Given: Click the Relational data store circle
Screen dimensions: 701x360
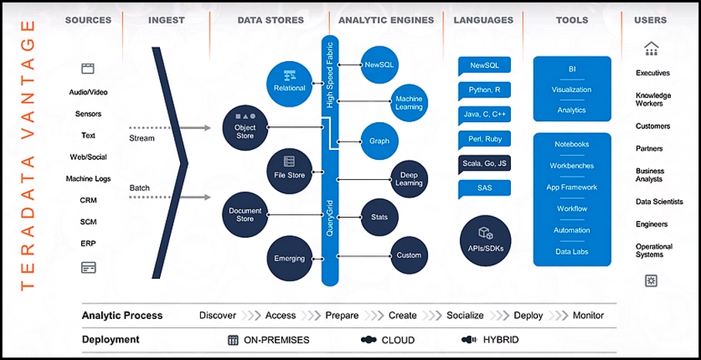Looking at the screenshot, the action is point(289,83).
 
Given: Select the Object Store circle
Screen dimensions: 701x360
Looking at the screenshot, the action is point(245,127).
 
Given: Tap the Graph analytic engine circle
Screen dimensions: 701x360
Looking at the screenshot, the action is point(379,141).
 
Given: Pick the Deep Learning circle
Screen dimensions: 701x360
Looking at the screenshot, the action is point(409,179).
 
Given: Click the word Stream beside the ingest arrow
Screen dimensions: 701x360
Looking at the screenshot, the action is point(141,138).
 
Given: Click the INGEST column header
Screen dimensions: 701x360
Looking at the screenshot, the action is point(166,20).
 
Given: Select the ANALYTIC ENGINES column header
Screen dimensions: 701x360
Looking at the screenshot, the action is point(386,20).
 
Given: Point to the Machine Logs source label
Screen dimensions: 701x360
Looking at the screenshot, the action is point(88,178).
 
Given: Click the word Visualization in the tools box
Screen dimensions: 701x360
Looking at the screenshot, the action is point(571,90).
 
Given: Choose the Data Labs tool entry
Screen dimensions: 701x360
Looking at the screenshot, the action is point(572,252).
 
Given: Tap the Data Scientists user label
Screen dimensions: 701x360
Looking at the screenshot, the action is point(659,202).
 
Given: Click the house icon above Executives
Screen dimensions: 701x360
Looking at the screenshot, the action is point(651,49).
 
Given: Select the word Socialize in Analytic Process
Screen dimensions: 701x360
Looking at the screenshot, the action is point(465,315).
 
